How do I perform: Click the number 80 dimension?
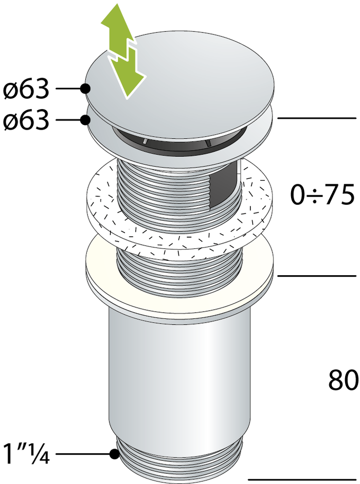[343, 381]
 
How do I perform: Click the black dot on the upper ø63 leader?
[84, 89]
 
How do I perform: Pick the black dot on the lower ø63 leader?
[85, 120]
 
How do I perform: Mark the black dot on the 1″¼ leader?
[114, 454]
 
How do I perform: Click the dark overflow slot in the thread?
[226, 180]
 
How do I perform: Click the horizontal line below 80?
[303, 480]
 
